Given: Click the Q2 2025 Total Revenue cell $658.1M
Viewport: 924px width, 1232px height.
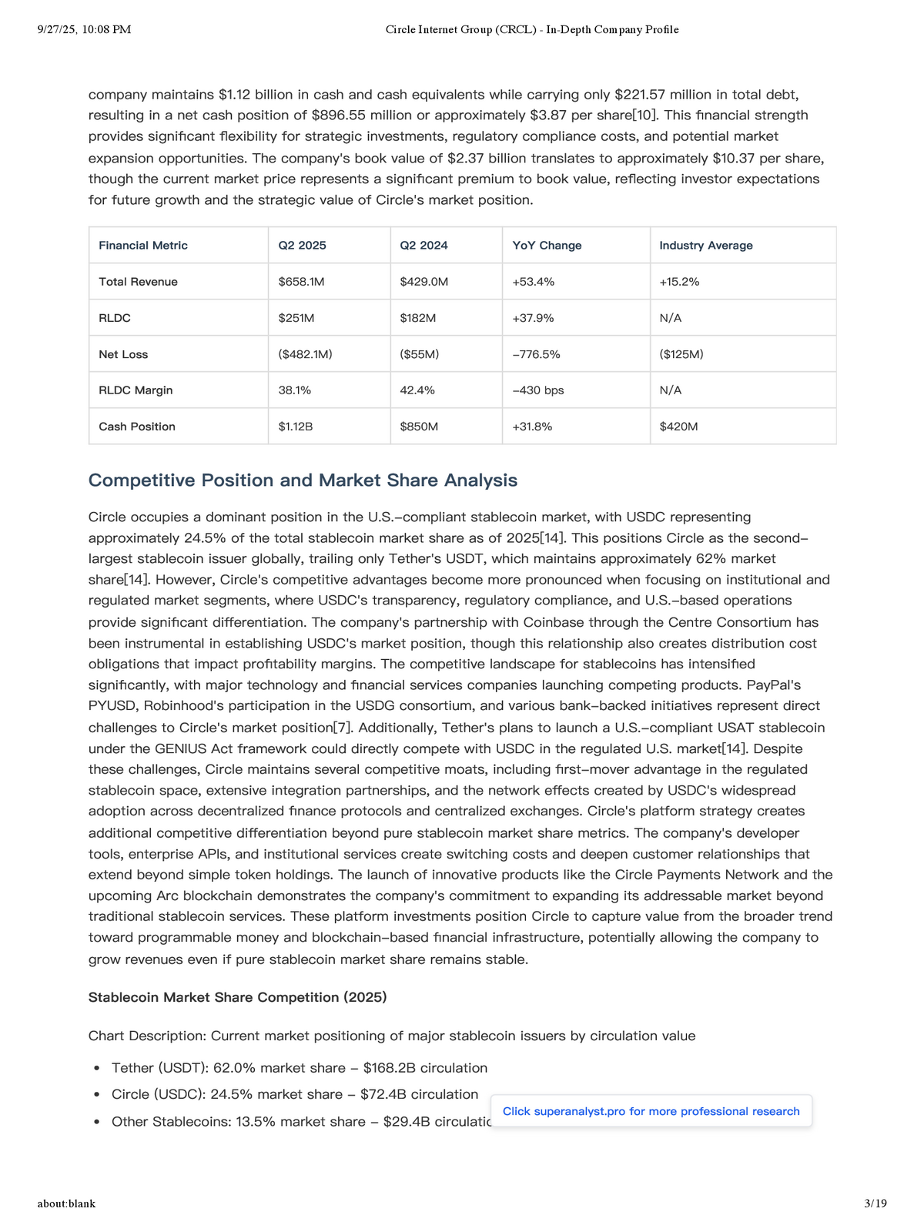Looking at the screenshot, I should tap(301, 282).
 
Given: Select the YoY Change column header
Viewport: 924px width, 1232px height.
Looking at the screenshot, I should tap(547, 246).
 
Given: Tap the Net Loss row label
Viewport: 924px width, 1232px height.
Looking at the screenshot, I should tap(123, 354).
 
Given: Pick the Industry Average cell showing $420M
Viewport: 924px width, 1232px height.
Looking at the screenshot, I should tap(678, 427).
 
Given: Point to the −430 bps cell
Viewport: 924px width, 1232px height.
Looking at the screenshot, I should tap(537, 390).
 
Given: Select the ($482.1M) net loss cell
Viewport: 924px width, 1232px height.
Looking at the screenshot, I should tap(305, 354).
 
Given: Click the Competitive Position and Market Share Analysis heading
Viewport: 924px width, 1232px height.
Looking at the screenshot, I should tap(303, 480).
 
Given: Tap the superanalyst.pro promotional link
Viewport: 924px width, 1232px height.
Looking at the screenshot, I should tap(651, 1111).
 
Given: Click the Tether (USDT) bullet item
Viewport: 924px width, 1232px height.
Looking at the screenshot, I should tap(299, 1068).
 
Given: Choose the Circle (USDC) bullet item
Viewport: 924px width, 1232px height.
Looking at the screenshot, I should tap(294, 1094).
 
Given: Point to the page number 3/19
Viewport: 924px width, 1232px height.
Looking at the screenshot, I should tap(875, 1204).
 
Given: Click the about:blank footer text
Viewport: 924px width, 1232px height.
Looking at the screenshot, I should tap(66, 1204).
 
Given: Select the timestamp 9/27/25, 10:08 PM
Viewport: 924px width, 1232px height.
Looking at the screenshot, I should tap(84, 29).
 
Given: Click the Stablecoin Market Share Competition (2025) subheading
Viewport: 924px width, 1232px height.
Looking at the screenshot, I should tap(237, 997).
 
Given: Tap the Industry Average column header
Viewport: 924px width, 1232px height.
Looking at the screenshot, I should tap(705, 246).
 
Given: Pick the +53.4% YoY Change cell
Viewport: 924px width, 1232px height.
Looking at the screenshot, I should tap(533, 282).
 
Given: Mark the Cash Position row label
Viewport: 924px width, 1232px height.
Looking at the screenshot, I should tap(137, 427).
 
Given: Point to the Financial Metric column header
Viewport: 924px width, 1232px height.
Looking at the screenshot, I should tap(143, 246).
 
